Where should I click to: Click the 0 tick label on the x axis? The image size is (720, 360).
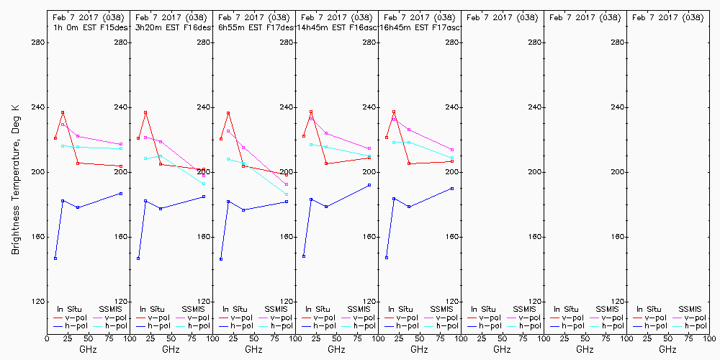[47, 338]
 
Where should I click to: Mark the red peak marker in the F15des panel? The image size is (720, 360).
[63, 112]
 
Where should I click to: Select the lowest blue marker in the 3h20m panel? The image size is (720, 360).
[138, 258]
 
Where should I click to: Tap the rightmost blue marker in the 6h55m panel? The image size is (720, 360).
[287, 202]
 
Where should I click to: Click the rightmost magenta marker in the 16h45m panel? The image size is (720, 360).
[452, 150]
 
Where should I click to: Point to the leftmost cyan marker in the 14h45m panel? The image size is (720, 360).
[311, 145]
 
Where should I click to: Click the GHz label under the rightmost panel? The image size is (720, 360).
[667, 349]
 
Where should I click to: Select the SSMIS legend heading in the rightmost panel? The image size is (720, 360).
[690, 309]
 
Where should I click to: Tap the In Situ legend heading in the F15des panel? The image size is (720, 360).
[69, 309]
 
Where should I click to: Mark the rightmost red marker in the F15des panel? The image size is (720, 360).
[121, 166]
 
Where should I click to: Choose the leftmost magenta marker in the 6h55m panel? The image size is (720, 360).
[228, 131]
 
